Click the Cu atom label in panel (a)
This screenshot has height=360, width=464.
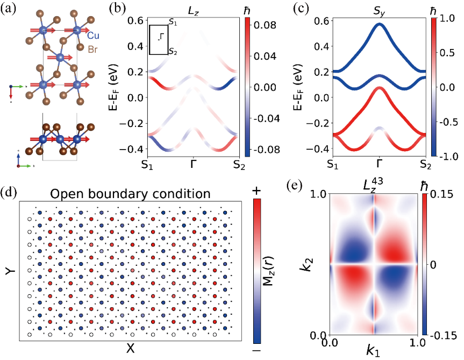93,36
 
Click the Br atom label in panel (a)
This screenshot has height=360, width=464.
92,50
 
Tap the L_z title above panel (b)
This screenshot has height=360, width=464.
194,11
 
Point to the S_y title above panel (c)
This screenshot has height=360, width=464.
379,11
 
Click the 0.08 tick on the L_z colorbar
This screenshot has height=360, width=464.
265,25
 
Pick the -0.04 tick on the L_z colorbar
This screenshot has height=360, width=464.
265,118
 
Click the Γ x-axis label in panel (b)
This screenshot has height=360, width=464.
193,164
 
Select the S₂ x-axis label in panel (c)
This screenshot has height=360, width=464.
425,164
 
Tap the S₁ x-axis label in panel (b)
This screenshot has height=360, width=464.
147,164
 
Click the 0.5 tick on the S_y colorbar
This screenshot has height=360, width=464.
447,53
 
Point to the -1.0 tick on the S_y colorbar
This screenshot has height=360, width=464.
447,156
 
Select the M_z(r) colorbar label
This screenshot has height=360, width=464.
268,271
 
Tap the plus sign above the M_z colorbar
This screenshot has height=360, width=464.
256,190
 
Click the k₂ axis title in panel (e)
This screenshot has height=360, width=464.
308,264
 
